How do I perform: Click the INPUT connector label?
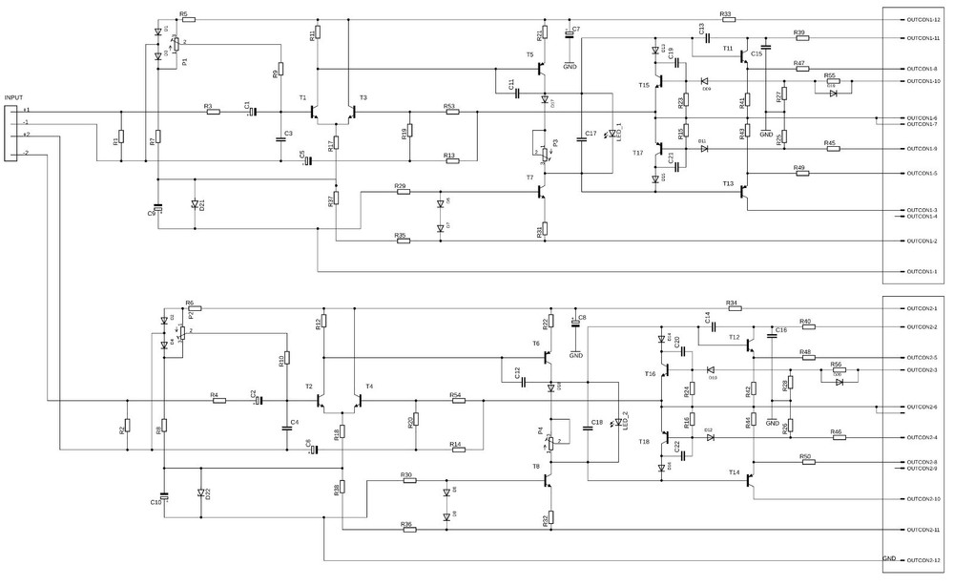[13, 97]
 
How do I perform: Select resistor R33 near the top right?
[726, 20]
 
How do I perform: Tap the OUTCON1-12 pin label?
[923, 20]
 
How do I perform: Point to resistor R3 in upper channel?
[213, 112]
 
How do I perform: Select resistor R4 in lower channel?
[218, 401]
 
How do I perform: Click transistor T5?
[541, 69]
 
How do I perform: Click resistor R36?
[408, 530]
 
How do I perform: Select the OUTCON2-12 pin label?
[923, 560]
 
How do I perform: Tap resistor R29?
[404, 191]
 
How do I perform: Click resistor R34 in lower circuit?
[732, 308]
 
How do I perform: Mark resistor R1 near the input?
[121, 140]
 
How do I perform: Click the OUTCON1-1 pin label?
[922, 271]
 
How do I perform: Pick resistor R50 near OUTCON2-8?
[807, 462]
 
